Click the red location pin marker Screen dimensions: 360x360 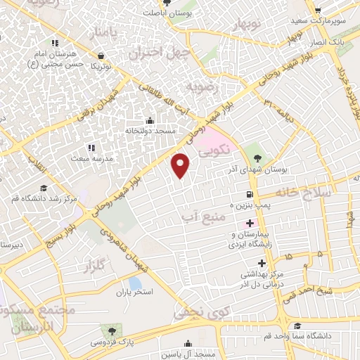point(181,165)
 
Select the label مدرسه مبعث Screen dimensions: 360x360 point(89,159)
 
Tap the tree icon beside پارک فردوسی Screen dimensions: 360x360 point(109,329)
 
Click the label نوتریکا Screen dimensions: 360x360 point(98,65)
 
